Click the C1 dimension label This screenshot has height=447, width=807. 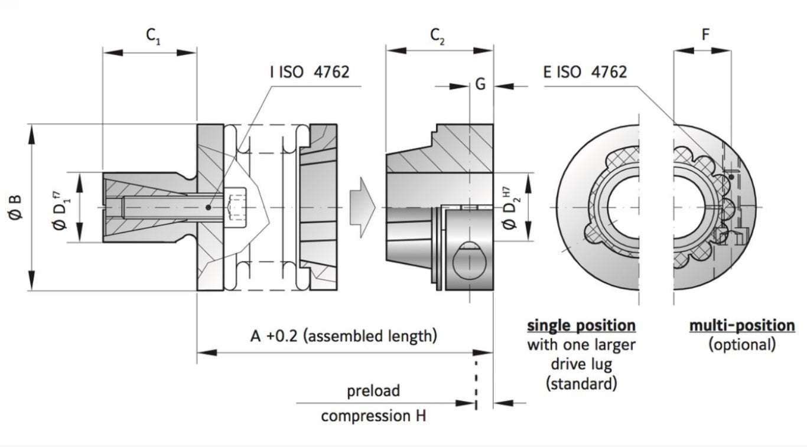[153, 37]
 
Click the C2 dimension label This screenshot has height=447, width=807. [438, 37]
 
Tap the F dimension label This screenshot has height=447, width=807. [705, 35]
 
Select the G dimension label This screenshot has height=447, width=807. [480, 84]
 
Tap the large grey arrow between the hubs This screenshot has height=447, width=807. [362, 207]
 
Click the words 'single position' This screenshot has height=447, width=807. [581, 325]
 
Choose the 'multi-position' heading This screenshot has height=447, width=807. [741, 325]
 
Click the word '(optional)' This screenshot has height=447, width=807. [741, 345]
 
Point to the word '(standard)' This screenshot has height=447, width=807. [581, 384]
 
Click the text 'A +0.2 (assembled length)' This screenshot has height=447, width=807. [344, 336]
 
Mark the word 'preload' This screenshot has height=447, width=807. [373, 390]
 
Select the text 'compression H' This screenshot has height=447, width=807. [373, 416]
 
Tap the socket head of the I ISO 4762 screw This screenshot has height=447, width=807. [235, 207]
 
